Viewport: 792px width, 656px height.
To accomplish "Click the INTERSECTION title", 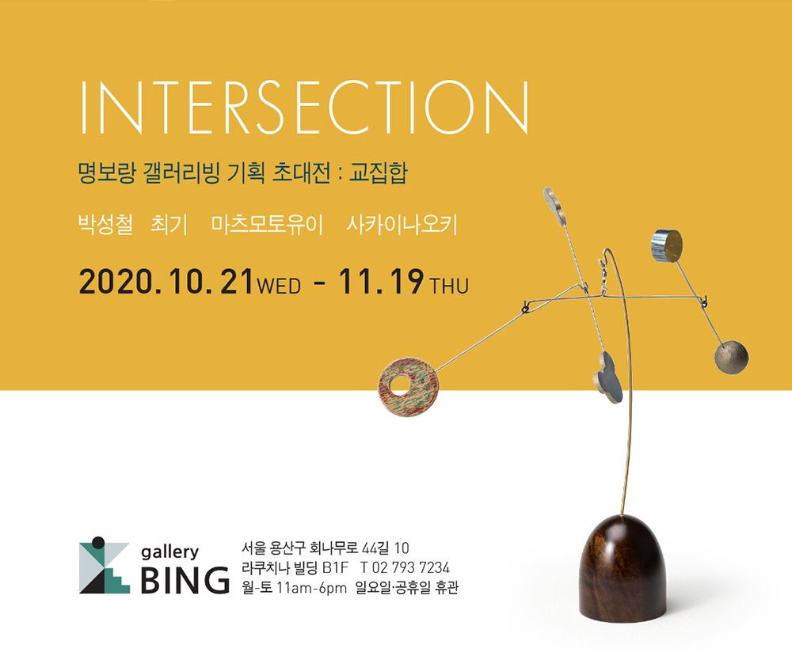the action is coord(304,107).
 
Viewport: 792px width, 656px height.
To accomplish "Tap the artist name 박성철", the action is coord(105,225).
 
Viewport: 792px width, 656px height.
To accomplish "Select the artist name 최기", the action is coord(169,225).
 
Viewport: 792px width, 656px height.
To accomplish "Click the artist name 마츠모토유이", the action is coord(267,225).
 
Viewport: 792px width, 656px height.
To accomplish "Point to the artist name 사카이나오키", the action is coord(402,225).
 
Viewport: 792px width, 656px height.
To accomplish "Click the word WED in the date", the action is coord(279,286).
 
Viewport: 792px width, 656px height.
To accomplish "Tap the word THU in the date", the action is coord(449,286).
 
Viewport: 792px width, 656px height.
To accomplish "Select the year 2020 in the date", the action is coord(116,282).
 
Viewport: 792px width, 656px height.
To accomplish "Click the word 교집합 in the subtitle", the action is coord(378,173).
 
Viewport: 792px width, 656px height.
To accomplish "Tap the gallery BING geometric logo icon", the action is coord(105,565).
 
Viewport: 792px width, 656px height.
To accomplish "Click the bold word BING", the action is coord(185,580).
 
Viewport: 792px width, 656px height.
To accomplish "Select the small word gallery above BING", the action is coord(169,552).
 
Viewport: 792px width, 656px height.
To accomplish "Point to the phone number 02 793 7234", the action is coord(410,567).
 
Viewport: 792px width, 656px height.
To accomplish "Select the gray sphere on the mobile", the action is coord(731,357).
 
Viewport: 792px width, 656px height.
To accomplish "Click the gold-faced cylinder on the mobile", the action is coord(667,246).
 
